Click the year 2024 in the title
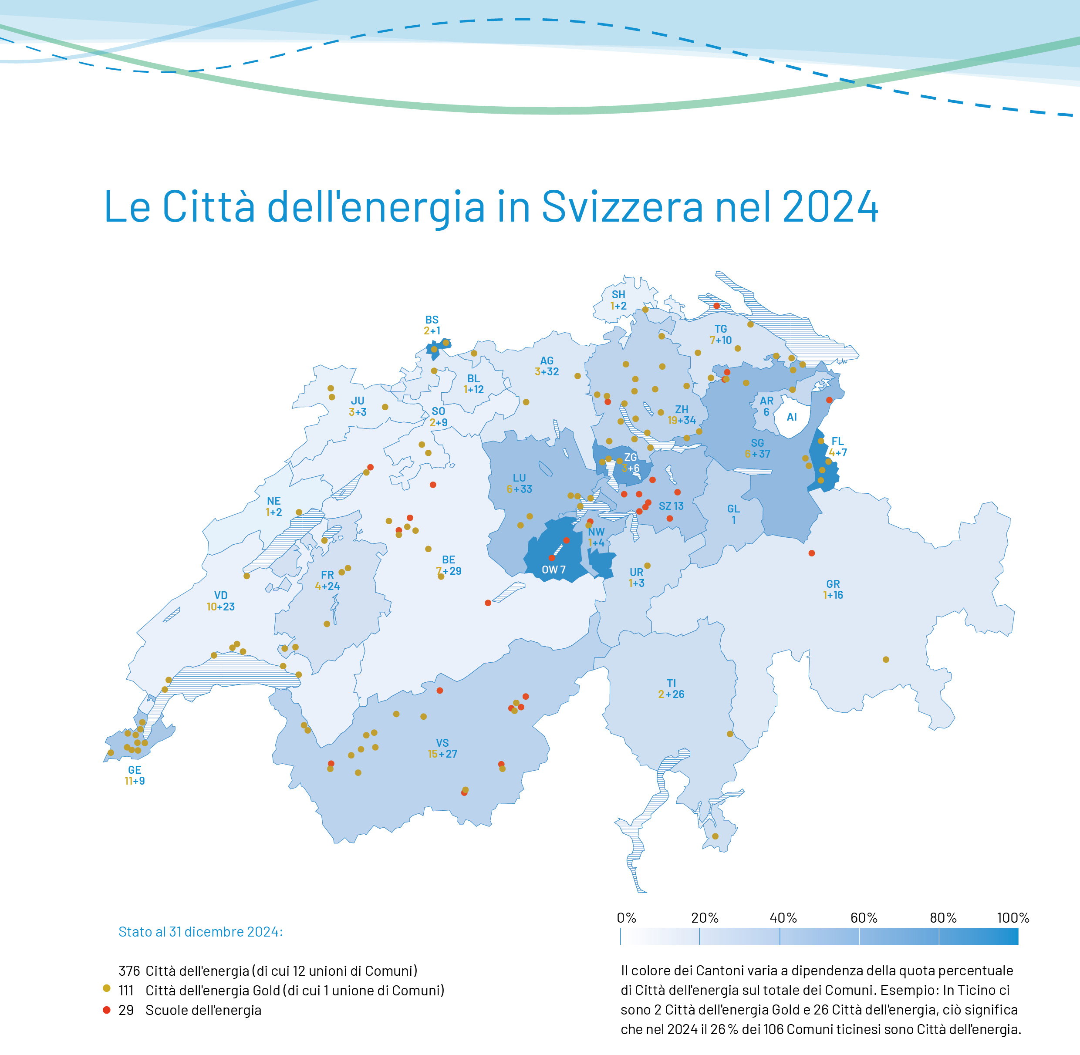(830, 207)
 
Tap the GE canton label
(135, 770)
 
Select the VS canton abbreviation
(442, 742)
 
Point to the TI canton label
(671, 683)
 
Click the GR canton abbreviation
(833, 583)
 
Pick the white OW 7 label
(553, 570)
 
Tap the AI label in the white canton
(792, 417)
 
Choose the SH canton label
(618, 295)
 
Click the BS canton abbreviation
(432, 320)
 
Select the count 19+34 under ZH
(682, 421)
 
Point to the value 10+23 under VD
(220, 607)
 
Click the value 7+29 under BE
(449, 571)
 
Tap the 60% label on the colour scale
(864, 918)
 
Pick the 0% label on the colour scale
(627, 918)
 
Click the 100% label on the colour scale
(1012, 918)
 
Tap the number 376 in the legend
(129, 971)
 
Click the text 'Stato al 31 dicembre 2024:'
(201, 931)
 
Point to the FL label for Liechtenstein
(837, 441)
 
